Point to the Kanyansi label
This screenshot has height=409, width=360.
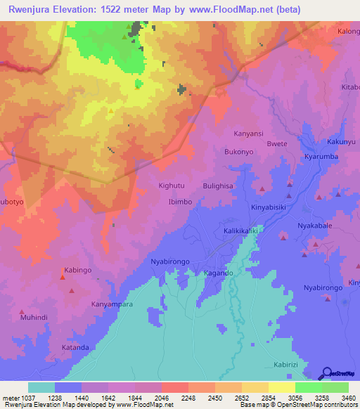[x=248, y=133]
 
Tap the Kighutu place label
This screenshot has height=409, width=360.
[x=172, y=186]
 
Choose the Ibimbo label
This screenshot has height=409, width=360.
[x=180, y=202]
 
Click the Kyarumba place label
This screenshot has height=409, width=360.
[x=322, y=157]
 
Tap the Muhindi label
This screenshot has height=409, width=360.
[x=34, y=318]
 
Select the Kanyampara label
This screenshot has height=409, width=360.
[x=112, y=304]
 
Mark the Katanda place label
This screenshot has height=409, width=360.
[x=75, y=347]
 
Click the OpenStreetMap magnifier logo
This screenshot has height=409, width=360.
[x=326, y=373]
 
